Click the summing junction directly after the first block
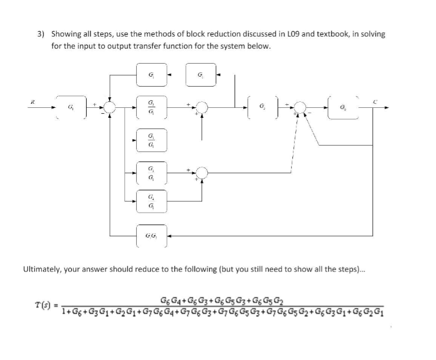tap(110, 108)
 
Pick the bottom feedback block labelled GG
tap(152, 237)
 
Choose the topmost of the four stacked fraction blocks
tap(152, 108)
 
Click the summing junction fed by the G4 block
tap(202, 172)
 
